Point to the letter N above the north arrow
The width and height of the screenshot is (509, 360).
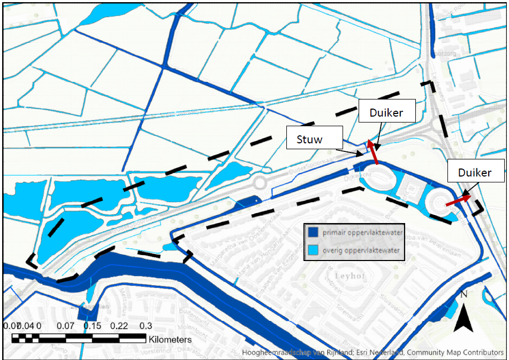point(464,294)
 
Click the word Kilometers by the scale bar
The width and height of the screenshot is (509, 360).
point(170,339)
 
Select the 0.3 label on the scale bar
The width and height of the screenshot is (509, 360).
point(146,326)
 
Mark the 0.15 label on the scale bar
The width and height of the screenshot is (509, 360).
point(92,326)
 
